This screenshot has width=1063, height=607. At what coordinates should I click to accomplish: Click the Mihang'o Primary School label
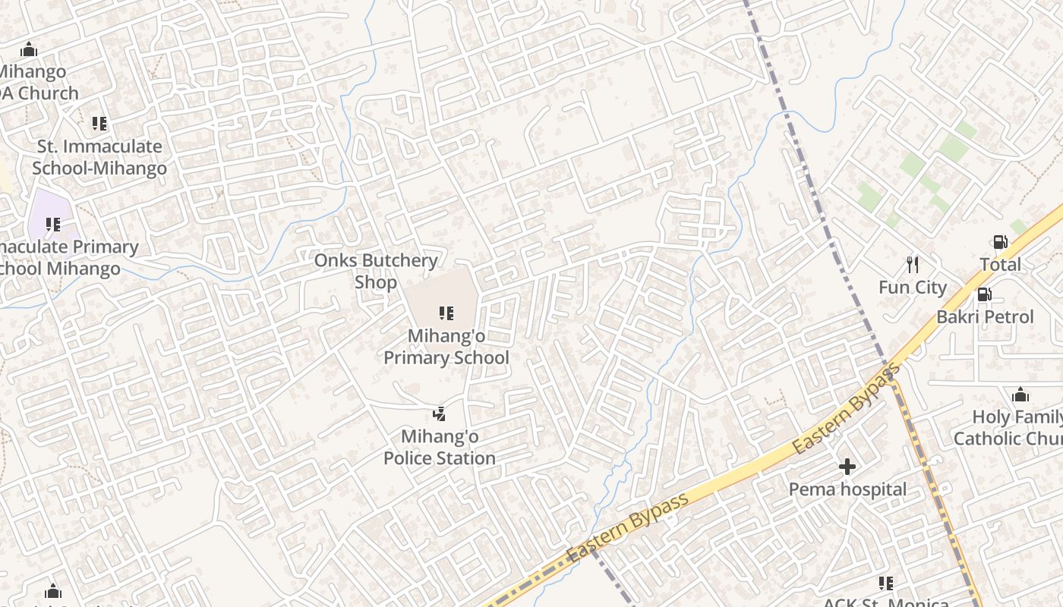446,347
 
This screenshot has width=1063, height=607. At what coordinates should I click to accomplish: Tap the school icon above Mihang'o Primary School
446,313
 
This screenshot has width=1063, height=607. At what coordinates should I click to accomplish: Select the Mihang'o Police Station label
440,448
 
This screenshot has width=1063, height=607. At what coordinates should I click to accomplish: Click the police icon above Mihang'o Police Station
439,414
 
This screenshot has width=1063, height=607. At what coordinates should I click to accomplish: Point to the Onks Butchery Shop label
376,271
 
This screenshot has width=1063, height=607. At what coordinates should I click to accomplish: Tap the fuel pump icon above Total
1000,243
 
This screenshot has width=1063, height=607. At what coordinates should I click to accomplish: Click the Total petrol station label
1000,265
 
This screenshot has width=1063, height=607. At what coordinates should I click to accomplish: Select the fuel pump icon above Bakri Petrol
984,294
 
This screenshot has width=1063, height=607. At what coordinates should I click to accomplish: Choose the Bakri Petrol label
985,316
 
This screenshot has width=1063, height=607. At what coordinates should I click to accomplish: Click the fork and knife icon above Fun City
913,265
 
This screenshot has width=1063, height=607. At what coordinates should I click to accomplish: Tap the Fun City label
913,288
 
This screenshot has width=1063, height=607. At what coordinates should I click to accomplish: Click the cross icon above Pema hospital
847,467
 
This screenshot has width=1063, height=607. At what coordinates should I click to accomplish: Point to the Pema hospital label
847,489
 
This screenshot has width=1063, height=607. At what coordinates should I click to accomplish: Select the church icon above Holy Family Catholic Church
1020,395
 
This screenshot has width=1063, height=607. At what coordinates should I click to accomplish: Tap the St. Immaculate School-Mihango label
99,157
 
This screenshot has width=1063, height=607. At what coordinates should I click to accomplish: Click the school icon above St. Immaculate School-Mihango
99,123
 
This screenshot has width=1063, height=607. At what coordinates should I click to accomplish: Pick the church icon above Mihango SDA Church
29,50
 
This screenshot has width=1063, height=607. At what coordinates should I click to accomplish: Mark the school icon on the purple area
52,225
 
